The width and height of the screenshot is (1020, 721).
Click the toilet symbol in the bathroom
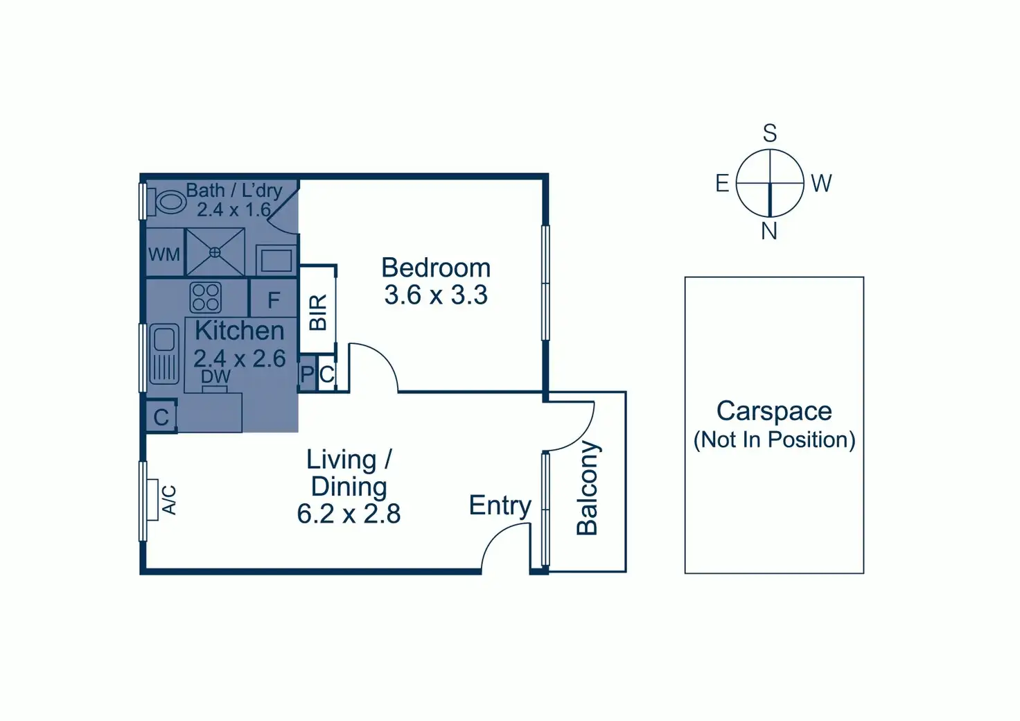167,202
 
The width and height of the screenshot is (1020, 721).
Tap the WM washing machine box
164,254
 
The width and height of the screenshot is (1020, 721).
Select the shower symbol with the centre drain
215,252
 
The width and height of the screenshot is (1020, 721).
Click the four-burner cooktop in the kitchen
206,297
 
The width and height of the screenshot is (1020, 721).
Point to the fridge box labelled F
273,299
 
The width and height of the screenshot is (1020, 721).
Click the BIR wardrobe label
317,312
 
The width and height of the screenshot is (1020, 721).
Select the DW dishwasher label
216,377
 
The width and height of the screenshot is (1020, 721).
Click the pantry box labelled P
307,374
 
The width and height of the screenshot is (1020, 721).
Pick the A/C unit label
169,500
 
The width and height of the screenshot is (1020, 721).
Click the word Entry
500,505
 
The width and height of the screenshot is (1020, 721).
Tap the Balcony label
587,488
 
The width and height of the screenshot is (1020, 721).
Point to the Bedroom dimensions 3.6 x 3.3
436,295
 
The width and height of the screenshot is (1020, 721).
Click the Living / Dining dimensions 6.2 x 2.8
349,514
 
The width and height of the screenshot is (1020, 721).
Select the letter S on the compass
770,133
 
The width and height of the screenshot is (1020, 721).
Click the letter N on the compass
769,232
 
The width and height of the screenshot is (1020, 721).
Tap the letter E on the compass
722,184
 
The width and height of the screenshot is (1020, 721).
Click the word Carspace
774,411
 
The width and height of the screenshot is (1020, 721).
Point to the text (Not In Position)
774,440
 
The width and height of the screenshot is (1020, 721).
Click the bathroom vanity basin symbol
276,261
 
